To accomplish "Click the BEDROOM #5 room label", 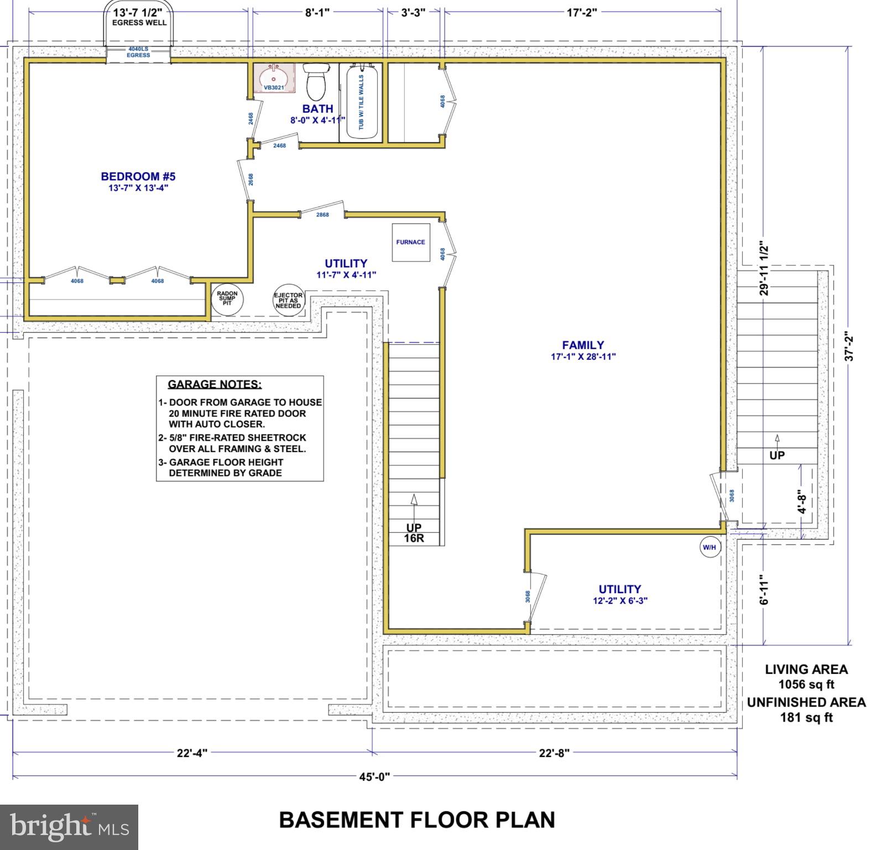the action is pos(138,177).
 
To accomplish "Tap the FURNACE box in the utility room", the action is pos(411,242).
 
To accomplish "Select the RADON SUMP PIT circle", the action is pos(227,298).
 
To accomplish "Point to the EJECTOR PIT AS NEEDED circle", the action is pos(288,301).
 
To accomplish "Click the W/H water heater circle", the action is pos(709,547).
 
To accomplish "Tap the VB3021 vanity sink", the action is pos(273,77).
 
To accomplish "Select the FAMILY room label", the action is pos(583,345).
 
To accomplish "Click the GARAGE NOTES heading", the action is pos(215,384).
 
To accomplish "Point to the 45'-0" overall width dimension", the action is pos(374,776).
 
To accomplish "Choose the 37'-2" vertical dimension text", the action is pos(850,347).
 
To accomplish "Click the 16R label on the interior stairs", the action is pos(414,538).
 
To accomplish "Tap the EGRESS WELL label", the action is pos(139,23).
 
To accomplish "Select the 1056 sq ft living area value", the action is pos(806,685).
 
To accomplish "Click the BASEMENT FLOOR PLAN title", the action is pos(417,820).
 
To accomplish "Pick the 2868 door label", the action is pos(322,215).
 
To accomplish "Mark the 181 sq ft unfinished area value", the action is pos(806,718).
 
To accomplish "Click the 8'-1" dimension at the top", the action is pos(317,12).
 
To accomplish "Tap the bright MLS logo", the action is pos(69,827).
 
